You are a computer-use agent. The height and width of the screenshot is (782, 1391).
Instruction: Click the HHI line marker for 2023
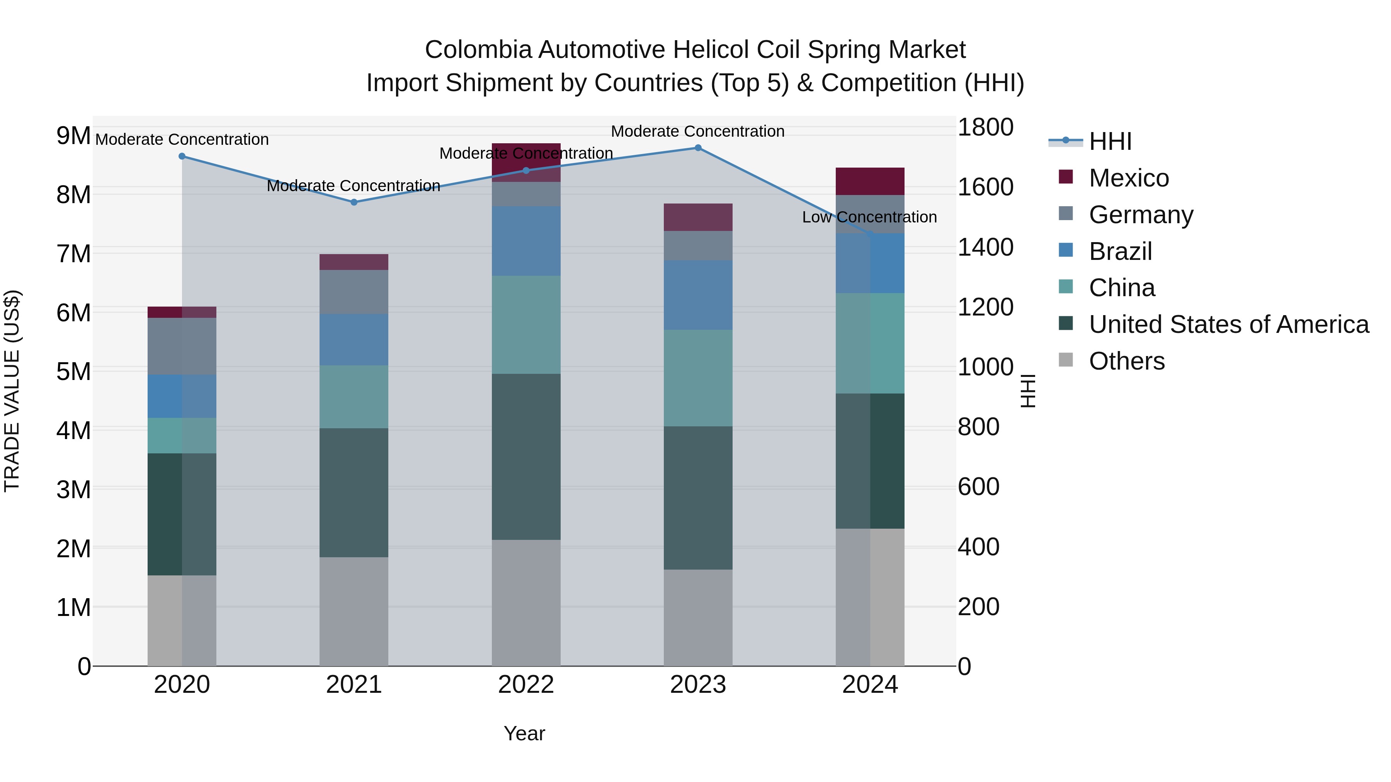pos(698,148)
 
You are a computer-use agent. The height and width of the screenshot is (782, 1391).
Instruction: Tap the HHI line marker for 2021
pos(354,202)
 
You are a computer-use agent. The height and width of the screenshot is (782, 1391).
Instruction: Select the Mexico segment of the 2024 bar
pos(870,182)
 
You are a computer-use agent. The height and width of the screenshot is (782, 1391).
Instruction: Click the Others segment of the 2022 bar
pos(526,602)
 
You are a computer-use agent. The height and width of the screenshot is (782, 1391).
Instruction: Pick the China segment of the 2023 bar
pos(698,378)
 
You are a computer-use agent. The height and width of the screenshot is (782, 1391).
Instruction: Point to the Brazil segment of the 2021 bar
pos(354,339)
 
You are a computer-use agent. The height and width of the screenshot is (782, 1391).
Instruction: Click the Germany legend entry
pos(1141,215)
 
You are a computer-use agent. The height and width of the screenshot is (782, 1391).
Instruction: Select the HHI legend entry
pos(1110,141)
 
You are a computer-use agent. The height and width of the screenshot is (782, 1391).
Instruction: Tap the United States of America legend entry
pos(1228,324)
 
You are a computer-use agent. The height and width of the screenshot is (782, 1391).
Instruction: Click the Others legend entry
pos(1126,361)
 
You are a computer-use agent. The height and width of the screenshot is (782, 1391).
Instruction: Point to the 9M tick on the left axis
pos(73,136)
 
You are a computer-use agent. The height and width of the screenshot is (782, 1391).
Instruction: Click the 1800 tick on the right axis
pos(985,127)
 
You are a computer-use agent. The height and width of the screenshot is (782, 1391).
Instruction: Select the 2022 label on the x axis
pos(526,685)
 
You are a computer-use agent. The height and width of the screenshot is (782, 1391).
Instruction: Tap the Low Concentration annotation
pos(869,217)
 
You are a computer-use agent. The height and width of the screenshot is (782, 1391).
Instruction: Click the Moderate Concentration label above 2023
pos(698,131)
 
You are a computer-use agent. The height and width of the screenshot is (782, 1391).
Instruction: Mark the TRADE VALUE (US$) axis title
pos(12,391)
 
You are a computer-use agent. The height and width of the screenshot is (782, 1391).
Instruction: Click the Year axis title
pos(524,733)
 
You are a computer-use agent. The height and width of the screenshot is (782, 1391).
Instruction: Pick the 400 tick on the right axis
pos(978,547)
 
